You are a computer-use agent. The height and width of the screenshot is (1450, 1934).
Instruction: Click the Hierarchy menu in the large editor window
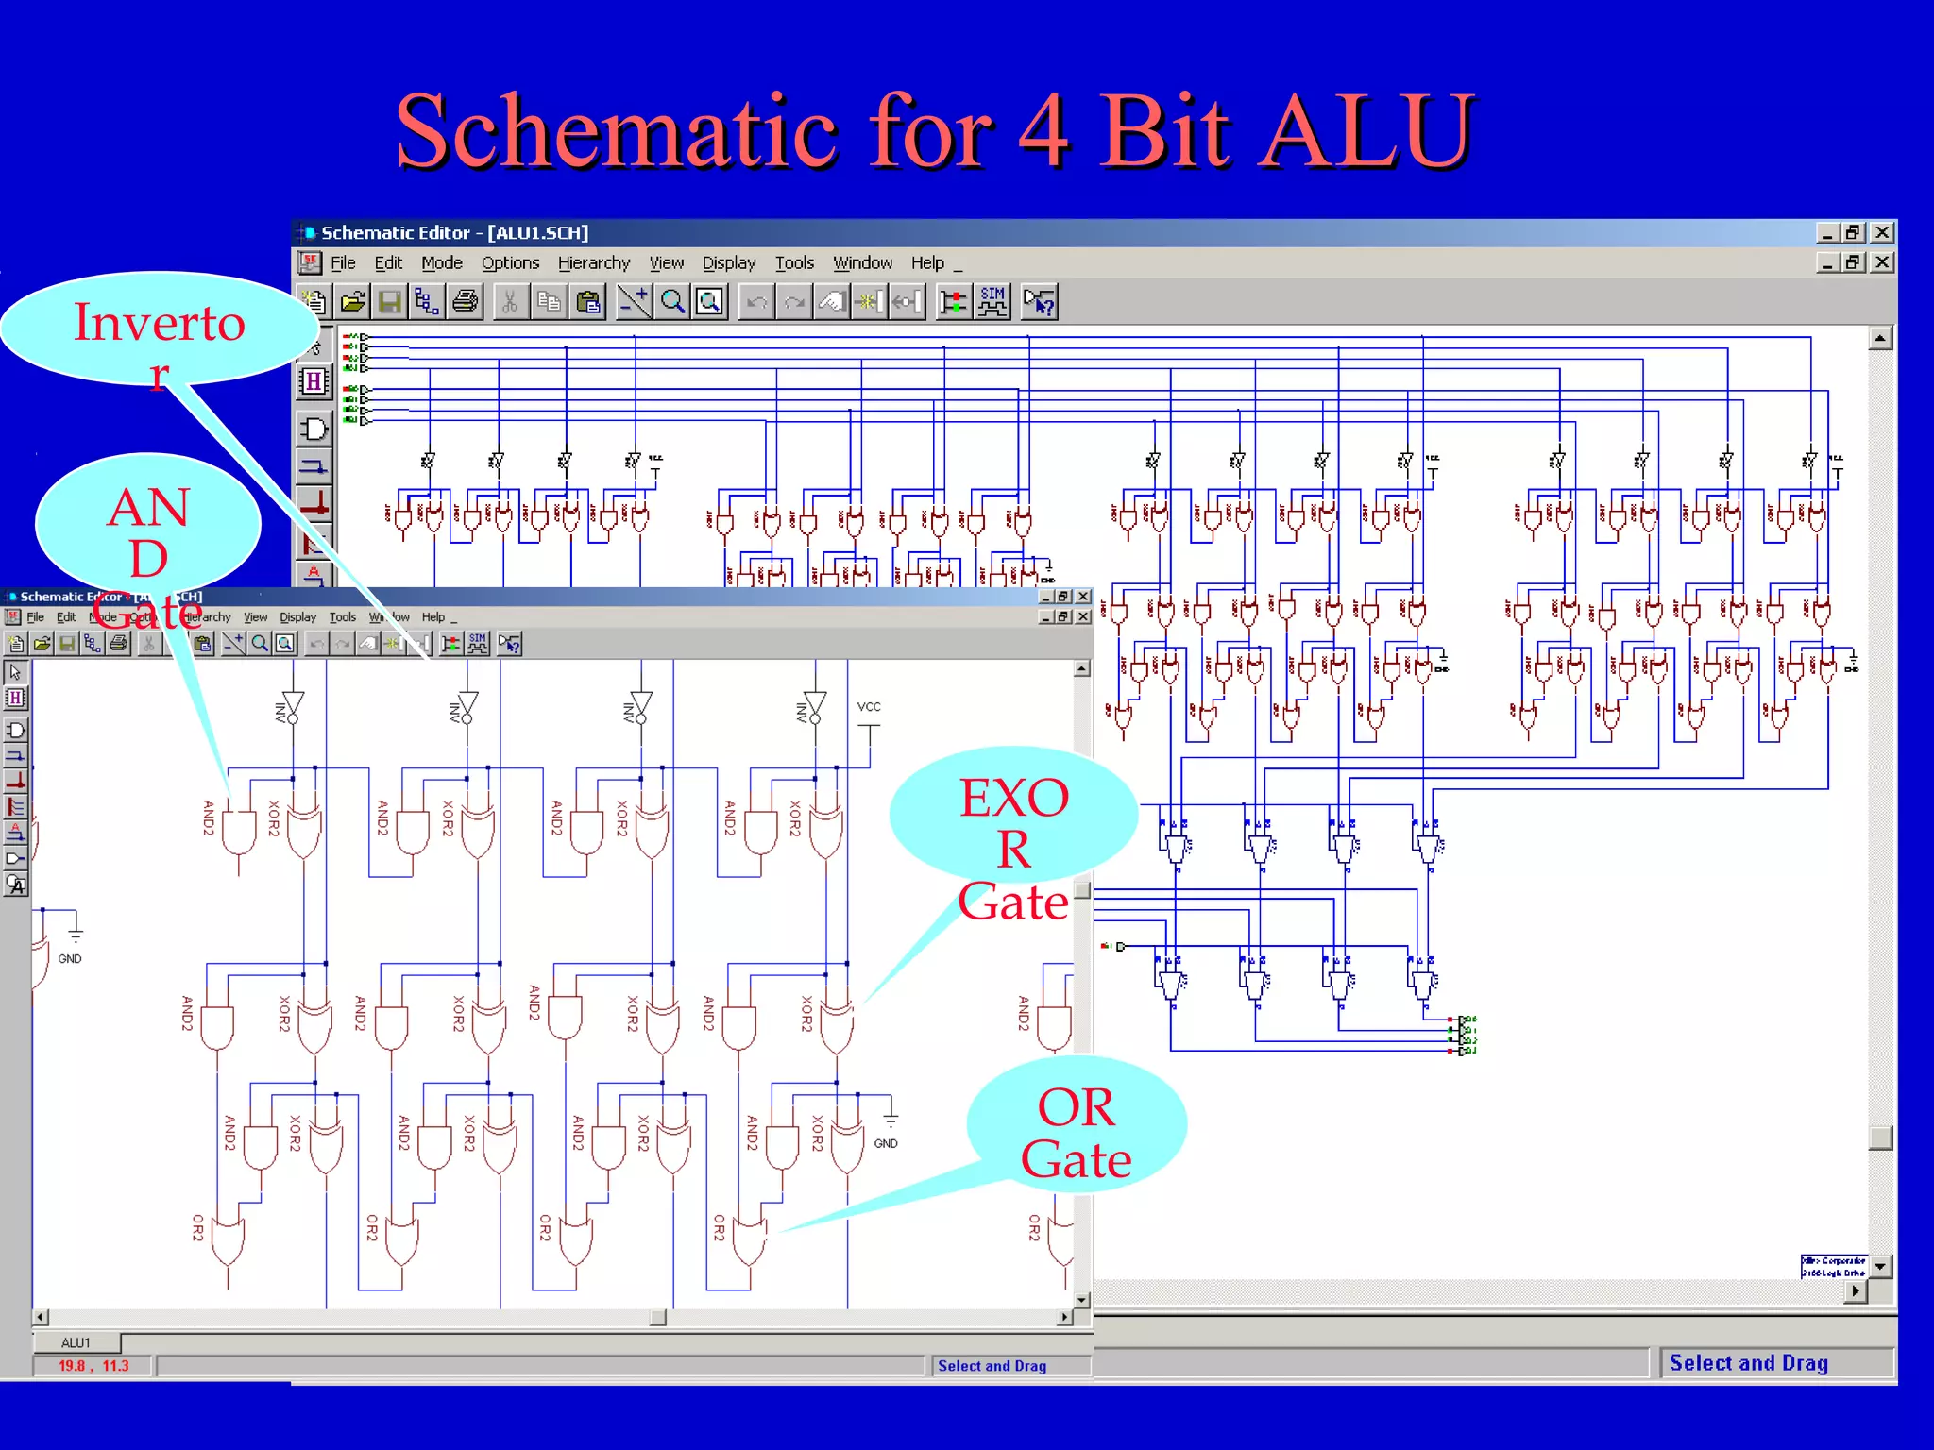click(x=593, y=263)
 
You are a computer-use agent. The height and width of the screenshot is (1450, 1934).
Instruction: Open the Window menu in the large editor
click(x=861, y=263)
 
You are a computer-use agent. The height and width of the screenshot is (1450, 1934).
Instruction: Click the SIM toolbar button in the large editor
click(x=992, y=302)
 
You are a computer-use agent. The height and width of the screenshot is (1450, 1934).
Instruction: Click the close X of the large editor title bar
click(x=1882, y=232)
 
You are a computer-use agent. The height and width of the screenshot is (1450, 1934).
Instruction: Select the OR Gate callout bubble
click(x=1076, y=1128)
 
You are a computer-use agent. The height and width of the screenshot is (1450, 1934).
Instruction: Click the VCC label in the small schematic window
click(x=868, y=707)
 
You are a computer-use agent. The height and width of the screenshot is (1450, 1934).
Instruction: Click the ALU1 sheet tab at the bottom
click(x=76, y=1342)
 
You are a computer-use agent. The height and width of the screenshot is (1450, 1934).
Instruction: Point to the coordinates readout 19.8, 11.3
click(x=93, y=1366)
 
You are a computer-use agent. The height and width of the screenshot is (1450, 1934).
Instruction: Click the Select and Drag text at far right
click(x=1748, y=1363)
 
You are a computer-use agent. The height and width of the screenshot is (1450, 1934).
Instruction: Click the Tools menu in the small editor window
click(x=342, y=617)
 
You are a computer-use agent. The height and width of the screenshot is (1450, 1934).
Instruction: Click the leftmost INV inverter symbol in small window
click(x=293, y=707)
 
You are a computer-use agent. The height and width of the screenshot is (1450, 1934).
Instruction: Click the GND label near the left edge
click(x=70, y=959)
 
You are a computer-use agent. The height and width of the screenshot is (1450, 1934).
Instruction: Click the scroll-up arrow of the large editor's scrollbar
click(x=1880, y=339)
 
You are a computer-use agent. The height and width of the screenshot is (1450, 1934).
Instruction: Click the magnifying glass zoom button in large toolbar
click(x=672, y=302)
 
